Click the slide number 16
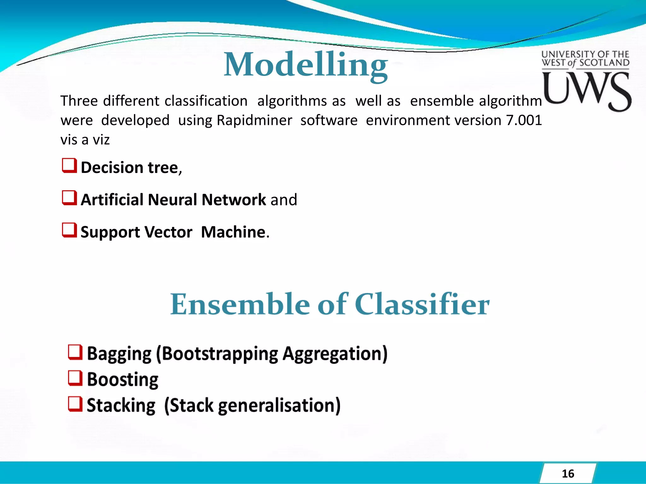pos(568,474)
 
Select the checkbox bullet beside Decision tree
pos(69,166)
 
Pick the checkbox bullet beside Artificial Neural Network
pos(69,198)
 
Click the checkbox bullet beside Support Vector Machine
pos(69,230)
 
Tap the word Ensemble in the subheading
pos(240,304)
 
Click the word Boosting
pos(122,379)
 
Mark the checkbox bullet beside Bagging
pos(75,352)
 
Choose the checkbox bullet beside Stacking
pos(75,404)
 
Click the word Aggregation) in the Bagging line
pos(335,354)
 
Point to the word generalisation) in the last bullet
pos(279,406)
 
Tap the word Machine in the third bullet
pos(233,232)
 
